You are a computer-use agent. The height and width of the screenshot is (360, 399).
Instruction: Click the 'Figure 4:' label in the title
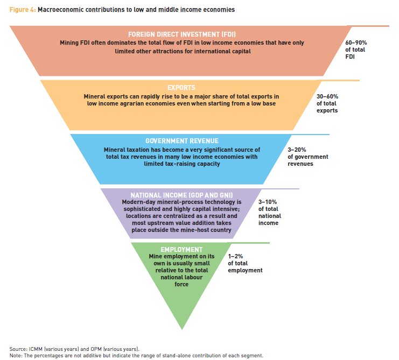[x=23, y=10]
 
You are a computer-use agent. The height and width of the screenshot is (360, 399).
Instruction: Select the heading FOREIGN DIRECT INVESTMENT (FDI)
[x=182, y=34]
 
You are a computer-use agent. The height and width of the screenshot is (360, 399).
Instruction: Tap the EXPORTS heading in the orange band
[x=181, y=88]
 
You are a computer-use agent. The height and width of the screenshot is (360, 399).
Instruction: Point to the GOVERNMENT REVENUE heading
[x=182, y=141]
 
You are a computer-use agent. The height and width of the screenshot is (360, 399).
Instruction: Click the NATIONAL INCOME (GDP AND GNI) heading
[x=181, y=195]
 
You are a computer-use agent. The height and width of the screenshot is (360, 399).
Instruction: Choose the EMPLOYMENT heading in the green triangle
[x=181, y=250]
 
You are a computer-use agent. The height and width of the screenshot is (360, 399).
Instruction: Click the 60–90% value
[x=356, y=43]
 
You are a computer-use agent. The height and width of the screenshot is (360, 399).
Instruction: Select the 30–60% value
[x=327, y=97]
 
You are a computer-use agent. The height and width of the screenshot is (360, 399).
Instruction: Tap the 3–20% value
[x=297, y=150]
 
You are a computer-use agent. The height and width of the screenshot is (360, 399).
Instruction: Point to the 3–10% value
[x=268, y=202]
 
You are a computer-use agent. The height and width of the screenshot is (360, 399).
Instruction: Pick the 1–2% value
[x=235, y=256]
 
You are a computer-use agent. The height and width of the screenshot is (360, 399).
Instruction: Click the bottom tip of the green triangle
[x=182, y=329]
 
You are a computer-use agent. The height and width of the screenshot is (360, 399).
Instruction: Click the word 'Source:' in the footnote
[x=18, y=349]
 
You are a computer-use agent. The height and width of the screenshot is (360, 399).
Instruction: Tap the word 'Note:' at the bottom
[x=16, y=355]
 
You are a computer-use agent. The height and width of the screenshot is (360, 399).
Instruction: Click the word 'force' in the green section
[x=181, y=284]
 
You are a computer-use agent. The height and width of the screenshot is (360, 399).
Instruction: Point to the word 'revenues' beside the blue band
[x=300, y=164]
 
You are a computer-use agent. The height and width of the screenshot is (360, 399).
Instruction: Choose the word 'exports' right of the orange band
[x=327, y=111]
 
